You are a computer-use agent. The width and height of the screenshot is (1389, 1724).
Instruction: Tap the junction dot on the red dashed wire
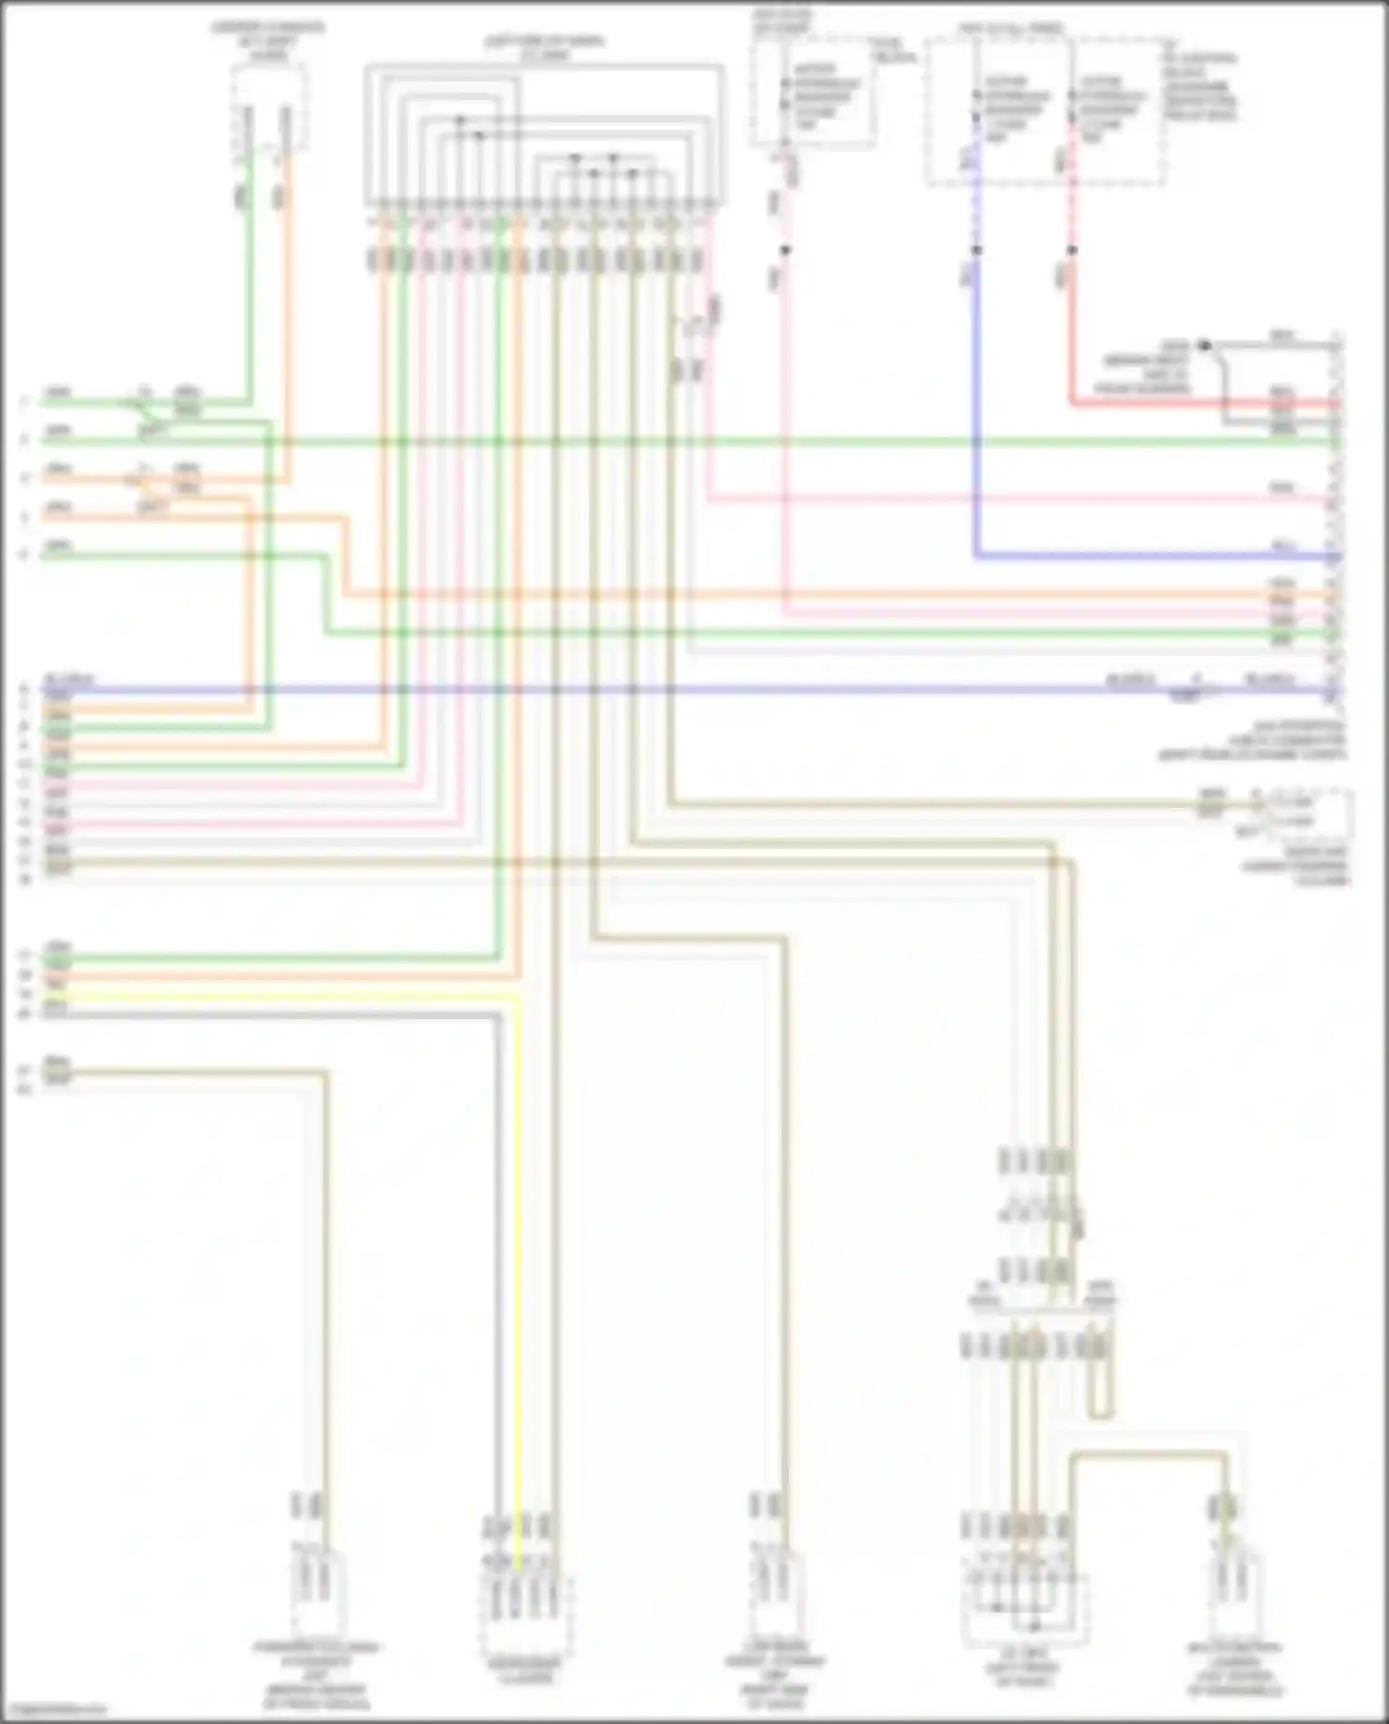tap(1072, 250)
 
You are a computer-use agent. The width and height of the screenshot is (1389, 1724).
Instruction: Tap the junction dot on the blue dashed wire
tap(975, 250)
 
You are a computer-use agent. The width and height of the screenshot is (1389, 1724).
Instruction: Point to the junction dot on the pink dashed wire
tap(784, 250)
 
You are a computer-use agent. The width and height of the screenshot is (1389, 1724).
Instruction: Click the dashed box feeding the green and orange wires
tap(269, 107)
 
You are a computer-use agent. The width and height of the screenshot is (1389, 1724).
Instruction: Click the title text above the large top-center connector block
tap(544, 48)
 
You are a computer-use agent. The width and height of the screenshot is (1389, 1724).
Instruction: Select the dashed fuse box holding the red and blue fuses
tap(1046, 111)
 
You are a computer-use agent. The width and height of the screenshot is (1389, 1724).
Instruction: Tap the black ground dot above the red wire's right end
tap(1204, 346)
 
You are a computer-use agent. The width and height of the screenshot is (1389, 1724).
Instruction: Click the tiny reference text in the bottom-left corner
tap(51, 1710)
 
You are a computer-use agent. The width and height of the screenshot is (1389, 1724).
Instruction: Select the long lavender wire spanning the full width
tap(648, 690)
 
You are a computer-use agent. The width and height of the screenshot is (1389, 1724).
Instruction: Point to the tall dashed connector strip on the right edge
tap(1336, 519)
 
